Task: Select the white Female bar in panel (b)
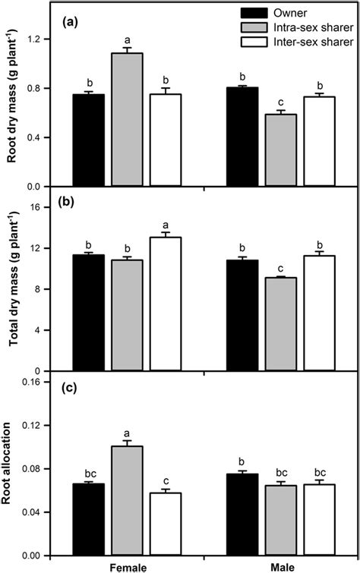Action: pos(166,304)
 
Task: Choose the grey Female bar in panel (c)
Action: pos(127,501)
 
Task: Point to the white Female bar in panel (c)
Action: pos(166,524)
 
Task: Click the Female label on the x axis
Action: pos(127,567)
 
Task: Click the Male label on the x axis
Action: pos(281,567)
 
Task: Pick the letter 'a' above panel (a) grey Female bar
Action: pos(127,40)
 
